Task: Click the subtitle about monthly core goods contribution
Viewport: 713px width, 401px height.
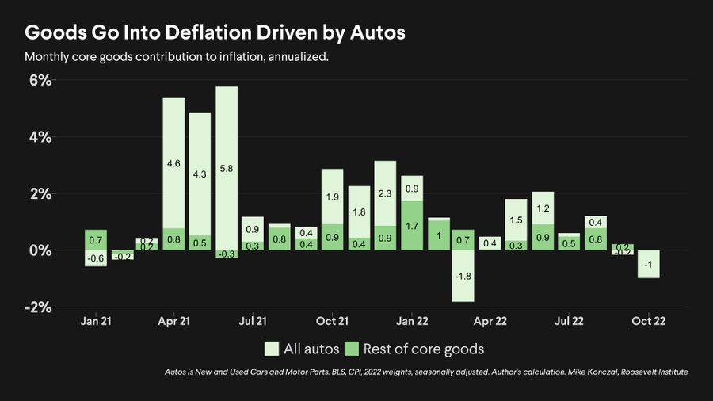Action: coord(176,58)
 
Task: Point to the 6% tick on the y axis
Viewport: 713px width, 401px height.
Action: coord(40,80)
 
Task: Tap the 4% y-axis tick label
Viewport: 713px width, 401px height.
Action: coord(40,137)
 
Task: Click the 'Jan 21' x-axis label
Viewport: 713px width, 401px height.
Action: coord(95,321)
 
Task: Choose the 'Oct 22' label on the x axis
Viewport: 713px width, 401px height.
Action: coord(648,321)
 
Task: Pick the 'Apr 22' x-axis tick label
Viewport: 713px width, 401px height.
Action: coord(490,321)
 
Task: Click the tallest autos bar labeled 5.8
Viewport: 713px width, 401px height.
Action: coord(227,168)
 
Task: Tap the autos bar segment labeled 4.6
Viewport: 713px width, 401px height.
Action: coord(173,163)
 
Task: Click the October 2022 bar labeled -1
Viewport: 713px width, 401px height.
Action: coord(648,264)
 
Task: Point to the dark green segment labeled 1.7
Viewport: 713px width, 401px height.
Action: coord(411,226)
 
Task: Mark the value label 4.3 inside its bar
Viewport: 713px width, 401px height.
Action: coord(200,174)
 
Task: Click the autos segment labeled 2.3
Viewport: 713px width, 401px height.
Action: coord(385,193)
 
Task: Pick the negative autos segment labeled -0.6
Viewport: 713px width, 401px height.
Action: coord(95,258)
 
